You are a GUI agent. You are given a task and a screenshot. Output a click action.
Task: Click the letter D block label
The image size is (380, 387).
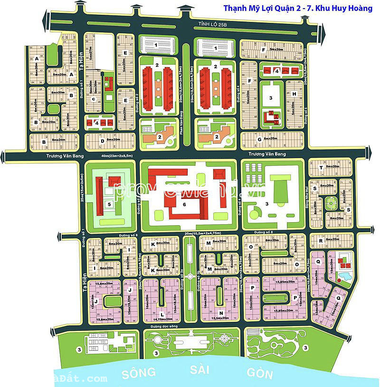click(x=102, y=140)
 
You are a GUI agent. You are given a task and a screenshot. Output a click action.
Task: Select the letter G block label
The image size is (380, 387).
click(x=259, y=139)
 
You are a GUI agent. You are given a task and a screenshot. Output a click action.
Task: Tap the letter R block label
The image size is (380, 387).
click(x=321, y=241)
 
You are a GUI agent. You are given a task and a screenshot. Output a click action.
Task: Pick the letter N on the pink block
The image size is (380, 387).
click(x=221, y=313)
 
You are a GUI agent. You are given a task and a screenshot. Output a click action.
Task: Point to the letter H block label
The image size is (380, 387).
click(x=294, y=94)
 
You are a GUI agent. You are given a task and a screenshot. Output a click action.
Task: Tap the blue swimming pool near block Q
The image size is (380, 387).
click(x=343, y=276)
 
